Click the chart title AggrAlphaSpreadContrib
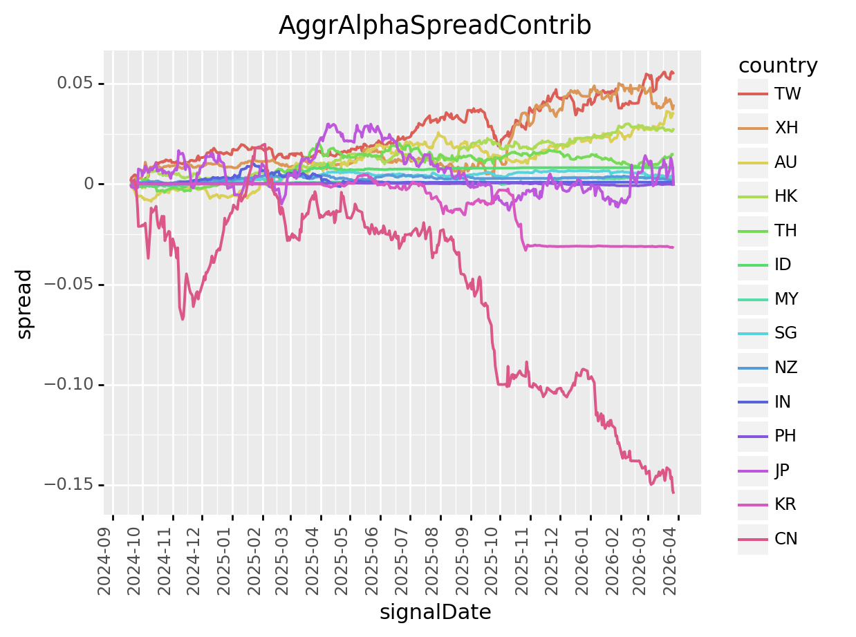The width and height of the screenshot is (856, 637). click(435, 26)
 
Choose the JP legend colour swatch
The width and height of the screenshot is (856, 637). click(753, 470)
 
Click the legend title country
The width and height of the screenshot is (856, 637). click(778, 66)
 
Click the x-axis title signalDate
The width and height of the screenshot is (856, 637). click(435, 612)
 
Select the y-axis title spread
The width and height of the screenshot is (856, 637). click(24, 304)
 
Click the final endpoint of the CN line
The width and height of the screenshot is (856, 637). click(673, 492)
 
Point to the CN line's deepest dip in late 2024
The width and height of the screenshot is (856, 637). click(183, 318)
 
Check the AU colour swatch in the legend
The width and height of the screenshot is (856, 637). click(753, 162)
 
